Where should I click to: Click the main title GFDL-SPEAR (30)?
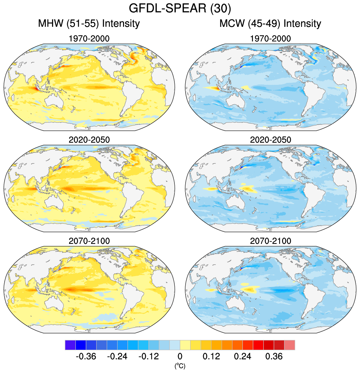pos(180,8)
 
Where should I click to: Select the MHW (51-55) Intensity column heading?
pos(89,24)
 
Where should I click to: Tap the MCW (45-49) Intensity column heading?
pos(270,24)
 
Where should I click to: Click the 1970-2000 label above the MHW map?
pos(89,39)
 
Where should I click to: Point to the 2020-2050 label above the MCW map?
pos(270,140)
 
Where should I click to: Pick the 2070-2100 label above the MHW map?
pos(89,241)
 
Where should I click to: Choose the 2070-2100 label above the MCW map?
pos(270,241)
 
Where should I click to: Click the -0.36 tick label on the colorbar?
pos(86,356)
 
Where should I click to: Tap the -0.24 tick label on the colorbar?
pos(117,356)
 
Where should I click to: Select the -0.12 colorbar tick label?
pos(149,356)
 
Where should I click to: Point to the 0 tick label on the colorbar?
pos(180,356)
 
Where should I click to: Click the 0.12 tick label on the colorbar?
pos(211,356)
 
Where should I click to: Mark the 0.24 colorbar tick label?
pos(243,356)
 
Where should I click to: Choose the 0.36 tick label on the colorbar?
pos(274,356)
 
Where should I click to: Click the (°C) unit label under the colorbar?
pos(180,365)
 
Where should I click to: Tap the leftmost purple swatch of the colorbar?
pos(70,345)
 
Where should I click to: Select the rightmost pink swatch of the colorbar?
pos(290,345)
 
